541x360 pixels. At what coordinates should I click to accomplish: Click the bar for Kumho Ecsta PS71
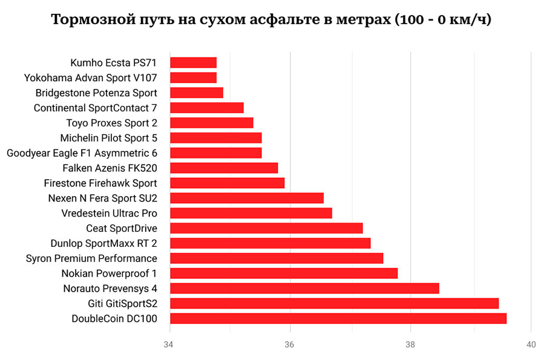[193, 62]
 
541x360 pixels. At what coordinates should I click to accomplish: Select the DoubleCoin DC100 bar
[338, 318]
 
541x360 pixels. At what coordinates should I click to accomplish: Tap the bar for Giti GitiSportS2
[334, 303]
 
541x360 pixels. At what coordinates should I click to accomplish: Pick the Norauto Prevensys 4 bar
[304, 288]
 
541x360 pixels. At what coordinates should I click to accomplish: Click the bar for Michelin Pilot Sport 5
[215, 138]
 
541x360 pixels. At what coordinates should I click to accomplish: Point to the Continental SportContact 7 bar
[206, 108]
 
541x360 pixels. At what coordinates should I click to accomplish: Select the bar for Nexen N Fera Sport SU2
[246, 198]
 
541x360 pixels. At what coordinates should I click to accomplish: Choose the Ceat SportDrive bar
[266, 228]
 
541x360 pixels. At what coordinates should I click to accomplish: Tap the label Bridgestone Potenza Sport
[96, 93]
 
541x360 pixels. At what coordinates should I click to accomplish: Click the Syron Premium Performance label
[91, 258]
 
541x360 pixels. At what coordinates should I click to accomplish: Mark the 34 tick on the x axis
[170, 345]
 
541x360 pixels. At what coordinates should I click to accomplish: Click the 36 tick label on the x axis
[290, 345]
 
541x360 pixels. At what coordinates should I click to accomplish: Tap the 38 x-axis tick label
[411, 345]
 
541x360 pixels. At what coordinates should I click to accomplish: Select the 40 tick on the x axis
[531, 345]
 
